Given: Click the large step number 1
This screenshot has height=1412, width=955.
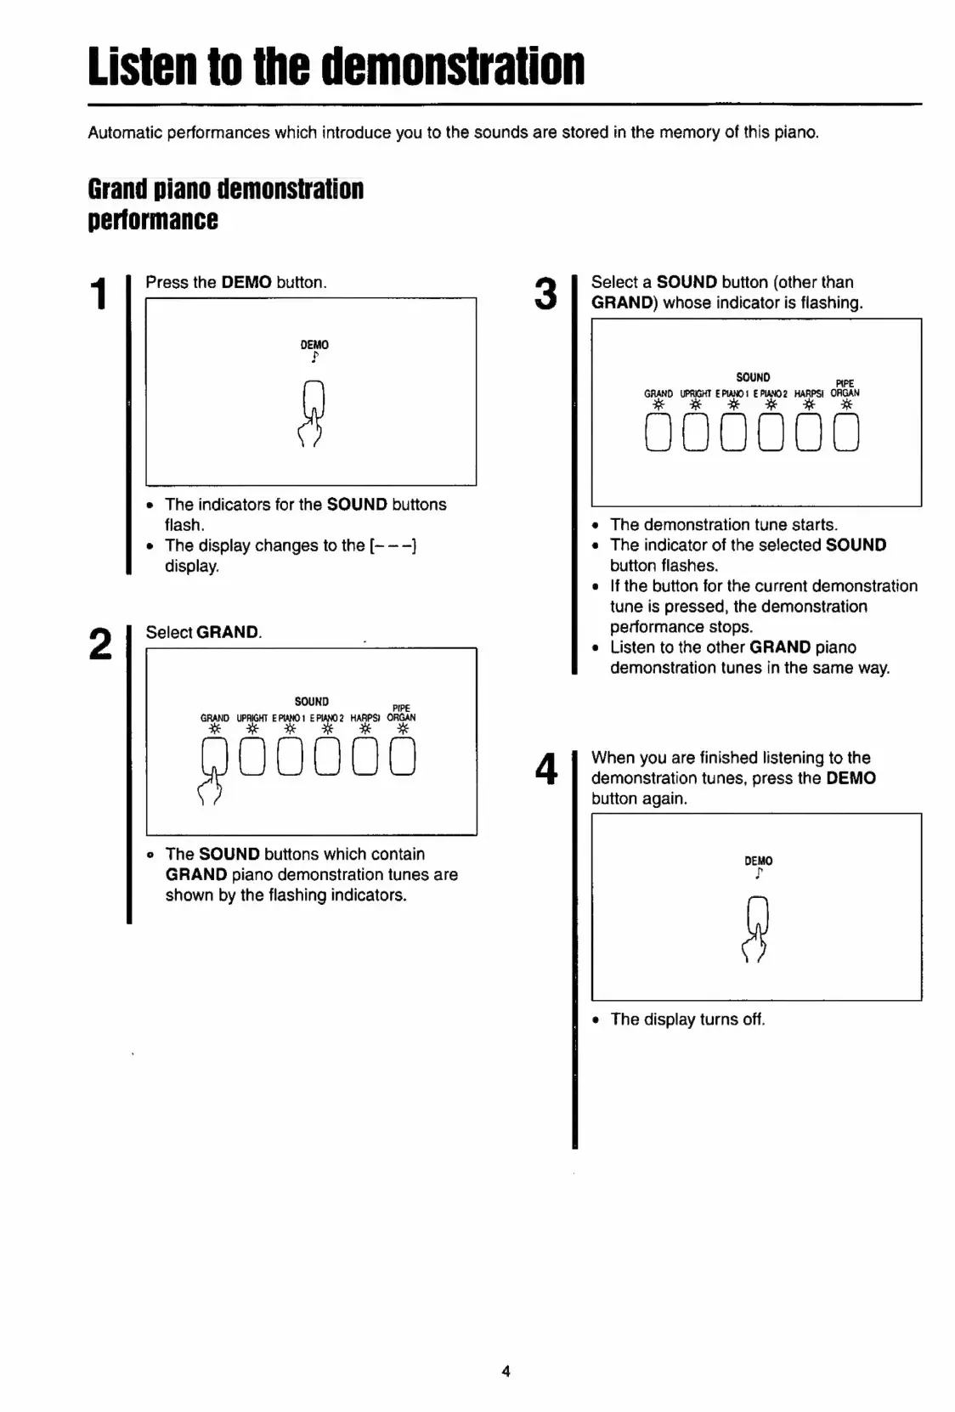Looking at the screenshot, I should tap(99, 294).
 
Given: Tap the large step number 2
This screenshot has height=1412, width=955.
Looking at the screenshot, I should tap(100, 645).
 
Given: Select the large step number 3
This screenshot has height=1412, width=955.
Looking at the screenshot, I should tap(545, 294).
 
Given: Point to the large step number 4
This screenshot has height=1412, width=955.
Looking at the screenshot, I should tap(545, 770).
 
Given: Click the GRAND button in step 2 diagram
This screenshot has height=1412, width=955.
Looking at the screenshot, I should tap(214, 756).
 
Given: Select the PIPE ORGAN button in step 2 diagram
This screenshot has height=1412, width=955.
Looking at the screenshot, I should tap(403, 756).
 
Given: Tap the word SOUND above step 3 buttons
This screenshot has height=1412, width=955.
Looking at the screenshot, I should tap(753, 377).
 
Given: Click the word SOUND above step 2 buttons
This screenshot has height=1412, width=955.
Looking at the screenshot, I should tap(311, 702).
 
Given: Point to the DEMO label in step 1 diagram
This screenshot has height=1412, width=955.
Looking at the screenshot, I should tap(314, 345).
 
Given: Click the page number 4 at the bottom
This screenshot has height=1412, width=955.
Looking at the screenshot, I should tap(506, 1370).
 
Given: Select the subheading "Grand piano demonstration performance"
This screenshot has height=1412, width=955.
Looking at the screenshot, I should tap(225, 204).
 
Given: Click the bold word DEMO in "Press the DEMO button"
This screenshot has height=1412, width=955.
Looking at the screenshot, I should tap(246, 283).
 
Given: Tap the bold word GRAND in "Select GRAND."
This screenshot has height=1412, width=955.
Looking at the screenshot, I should tap(228, 633).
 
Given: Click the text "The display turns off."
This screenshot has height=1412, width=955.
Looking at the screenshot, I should tap(687, 1019).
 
